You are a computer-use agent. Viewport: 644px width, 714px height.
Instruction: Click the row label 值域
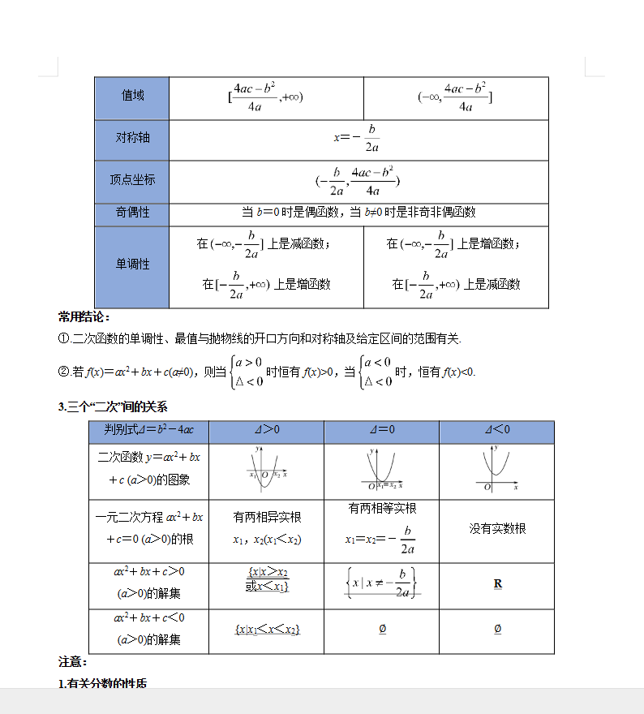[132, 96]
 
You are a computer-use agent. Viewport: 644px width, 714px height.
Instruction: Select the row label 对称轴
[132, 138]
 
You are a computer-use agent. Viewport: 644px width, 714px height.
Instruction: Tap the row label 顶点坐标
[132, 179]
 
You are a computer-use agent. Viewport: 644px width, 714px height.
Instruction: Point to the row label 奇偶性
[132, 212]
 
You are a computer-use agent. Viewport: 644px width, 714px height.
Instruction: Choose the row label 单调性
[132, 265]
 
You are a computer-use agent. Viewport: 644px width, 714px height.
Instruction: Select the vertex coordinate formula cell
[358, 181]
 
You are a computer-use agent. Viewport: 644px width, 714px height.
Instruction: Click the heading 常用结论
[84, 316]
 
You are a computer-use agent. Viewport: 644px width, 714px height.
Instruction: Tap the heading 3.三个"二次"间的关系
[113, 406]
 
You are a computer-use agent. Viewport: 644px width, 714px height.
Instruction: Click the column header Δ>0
[266, 429]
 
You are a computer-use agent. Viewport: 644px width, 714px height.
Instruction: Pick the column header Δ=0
[381, 429]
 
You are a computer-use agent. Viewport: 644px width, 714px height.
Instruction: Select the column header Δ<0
[496, 429]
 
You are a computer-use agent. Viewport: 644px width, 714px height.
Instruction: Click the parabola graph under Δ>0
[266, 469]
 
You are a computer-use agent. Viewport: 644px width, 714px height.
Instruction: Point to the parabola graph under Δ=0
[381, 469]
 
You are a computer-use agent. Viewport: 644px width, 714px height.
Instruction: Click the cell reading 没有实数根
[497, 528]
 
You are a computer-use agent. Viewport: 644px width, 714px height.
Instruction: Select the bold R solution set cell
[497, 584]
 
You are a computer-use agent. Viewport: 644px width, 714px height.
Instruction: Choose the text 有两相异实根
[267, 517]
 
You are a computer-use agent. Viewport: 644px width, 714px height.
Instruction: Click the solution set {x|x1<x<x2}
[267, 630]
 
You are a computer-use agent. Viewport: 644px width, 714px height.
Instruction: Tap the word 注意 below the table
[72, 661]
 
